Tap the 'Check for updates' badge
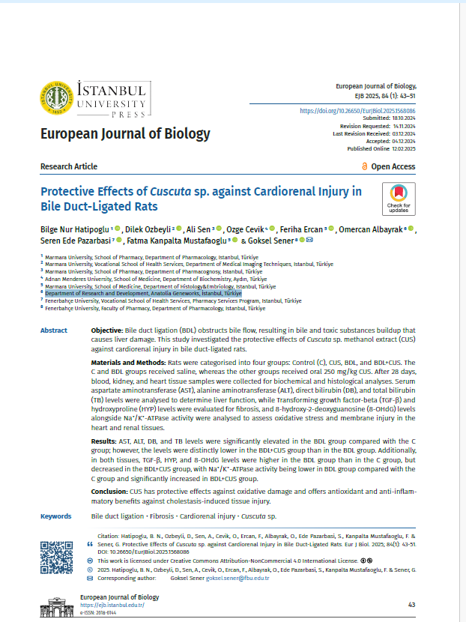click(399, 196)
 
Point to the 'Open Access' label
click(388, 166)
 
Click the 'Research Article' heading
click(69, 166)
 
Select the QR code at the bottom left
click(56, 555)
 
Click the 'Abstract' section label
click(54, 330)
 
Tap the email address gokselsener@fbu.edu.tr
click(237, 579)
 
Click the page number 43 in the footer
click(411, 604)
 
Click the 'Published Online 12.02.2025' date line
click(381, 148)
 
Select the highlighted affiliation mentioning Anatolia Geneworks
click(142, 294)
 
